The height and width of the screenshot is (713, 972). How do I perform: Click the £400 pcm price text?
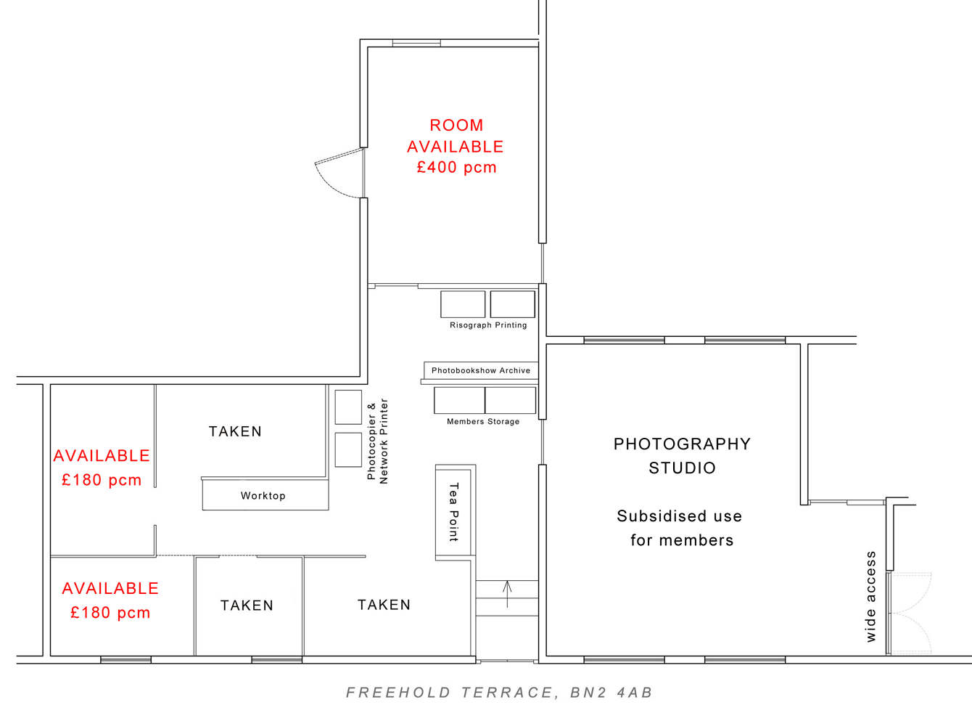456,167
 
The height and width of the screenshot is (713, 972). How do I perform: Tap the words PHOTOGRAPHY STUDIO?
682,455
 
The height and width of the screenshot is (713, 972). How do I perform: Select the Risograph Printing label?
488,325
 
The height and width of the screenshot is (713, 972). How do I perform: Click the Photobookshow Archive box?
481,370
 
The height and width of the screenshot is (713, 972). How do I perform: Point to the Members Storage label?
483,422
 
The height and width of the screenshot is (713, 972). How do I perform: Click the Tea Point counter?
454,513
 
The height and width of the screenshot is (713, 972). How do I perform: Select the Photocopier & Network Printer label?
377,441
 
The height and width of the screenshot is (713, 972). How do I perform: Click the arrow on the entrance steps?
507,593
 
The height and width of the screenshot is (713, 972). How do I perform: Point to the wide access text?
871,597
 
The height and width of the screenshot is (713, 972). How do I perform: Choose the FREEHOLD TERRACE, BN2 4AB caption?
499,693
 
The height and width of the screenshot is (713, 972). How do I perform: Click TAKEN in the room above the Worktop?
235,431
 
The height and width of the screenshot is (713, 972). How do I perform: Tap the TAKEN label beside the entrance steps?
384,605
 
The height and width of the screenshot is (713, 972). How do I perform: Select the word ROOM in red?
456,126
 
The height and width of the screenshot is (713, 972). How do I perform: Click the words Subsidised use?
680,516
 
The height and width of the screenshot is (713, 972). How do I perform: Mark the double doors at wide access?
910,614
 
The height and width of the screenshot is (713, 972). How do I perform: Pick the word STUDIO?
682,468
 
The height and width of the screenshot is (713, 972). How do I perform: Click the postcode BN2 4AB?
611,693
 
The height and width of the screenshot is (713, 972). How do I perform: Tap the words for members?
682,540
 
